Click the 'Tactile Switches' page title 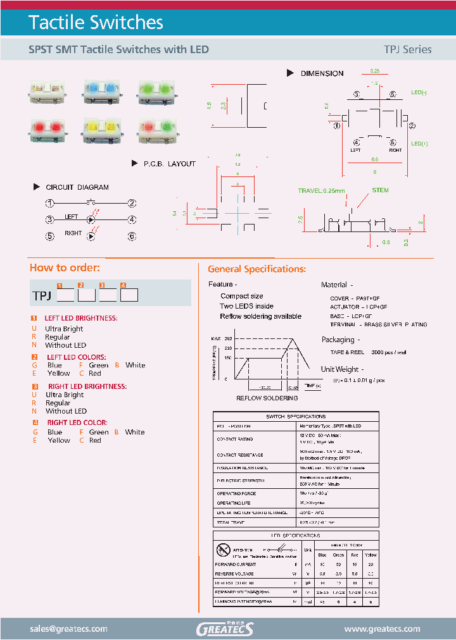[96, 23]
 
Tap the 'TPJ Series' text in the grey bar [407, 49]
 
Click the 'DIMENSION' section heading [322, 73]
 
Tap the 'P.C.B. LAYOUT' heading [169, 164]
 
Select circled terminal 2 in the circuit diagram [132, 203]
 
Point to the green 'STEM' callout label [381, 190]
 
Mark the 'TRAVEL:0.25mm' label [322, 191]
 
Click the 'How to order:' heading [65, 268]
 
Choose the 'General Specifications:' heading [257, 269]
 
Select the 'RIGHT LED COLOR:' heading [77, 422]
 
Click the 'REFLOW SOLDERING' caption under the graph [267, 398]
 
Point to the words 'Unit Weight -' [342, 369]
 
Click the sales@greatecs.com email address [68, 629]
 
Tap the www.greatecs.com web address [382, 629]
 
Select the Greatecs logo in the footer [225, 629]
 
